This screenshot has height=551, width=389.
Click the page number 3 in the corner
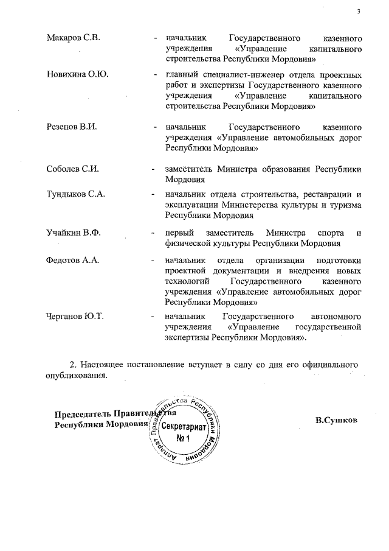[359, 11]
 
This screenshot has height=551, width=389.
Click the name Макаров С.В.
[72, 38]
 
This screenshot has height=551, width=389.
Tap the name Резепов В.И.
[72, 127]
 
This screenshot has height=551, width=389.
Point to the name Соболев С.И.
[72, 169]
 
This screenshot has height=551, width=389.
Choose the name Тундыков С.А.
[76, 195]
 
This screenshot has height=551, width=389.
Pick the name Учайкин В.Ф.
[74, 233]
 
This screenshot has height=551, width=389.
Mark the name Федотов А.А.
[73, 261]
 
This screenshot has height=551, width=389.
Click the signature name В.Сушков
[336, 420]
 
